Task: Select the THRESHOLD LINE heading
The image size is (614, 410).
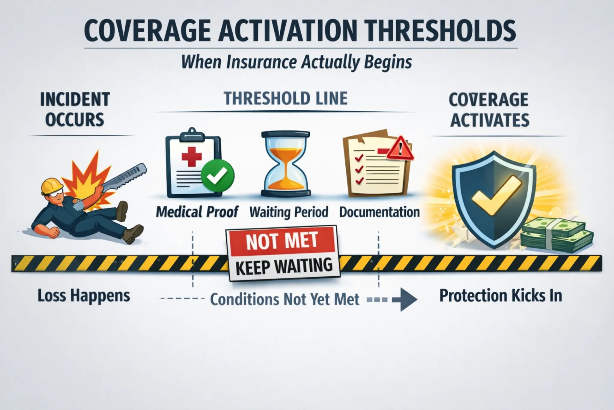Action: click(x=286, y=99)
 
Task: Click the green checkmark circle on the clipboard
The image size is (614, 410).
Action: click(x=218, y=176)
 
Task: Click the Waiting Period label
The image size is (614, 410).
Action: click(x=289, y=212)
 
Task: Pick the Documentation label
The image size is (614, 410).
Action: click(x=380, y=212)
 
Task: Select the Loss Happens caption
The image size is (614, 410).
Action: click(x=84, y=296)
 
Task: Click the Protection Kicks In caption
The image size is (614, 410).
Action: click(x=501, y=296)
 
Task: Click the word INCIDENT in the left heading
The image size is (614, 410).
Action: click(x=75, y=99)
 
